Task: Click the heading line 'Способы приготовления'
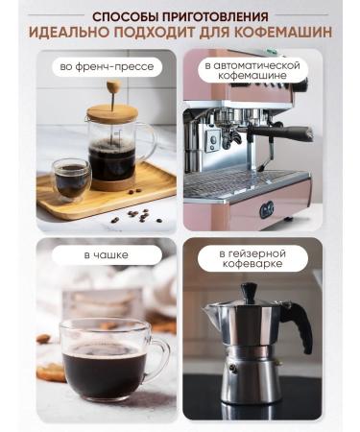coord(180,14)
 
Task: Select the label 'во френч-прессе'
coord(107,67)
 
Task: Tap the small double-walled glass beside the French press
coord(71,178)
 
